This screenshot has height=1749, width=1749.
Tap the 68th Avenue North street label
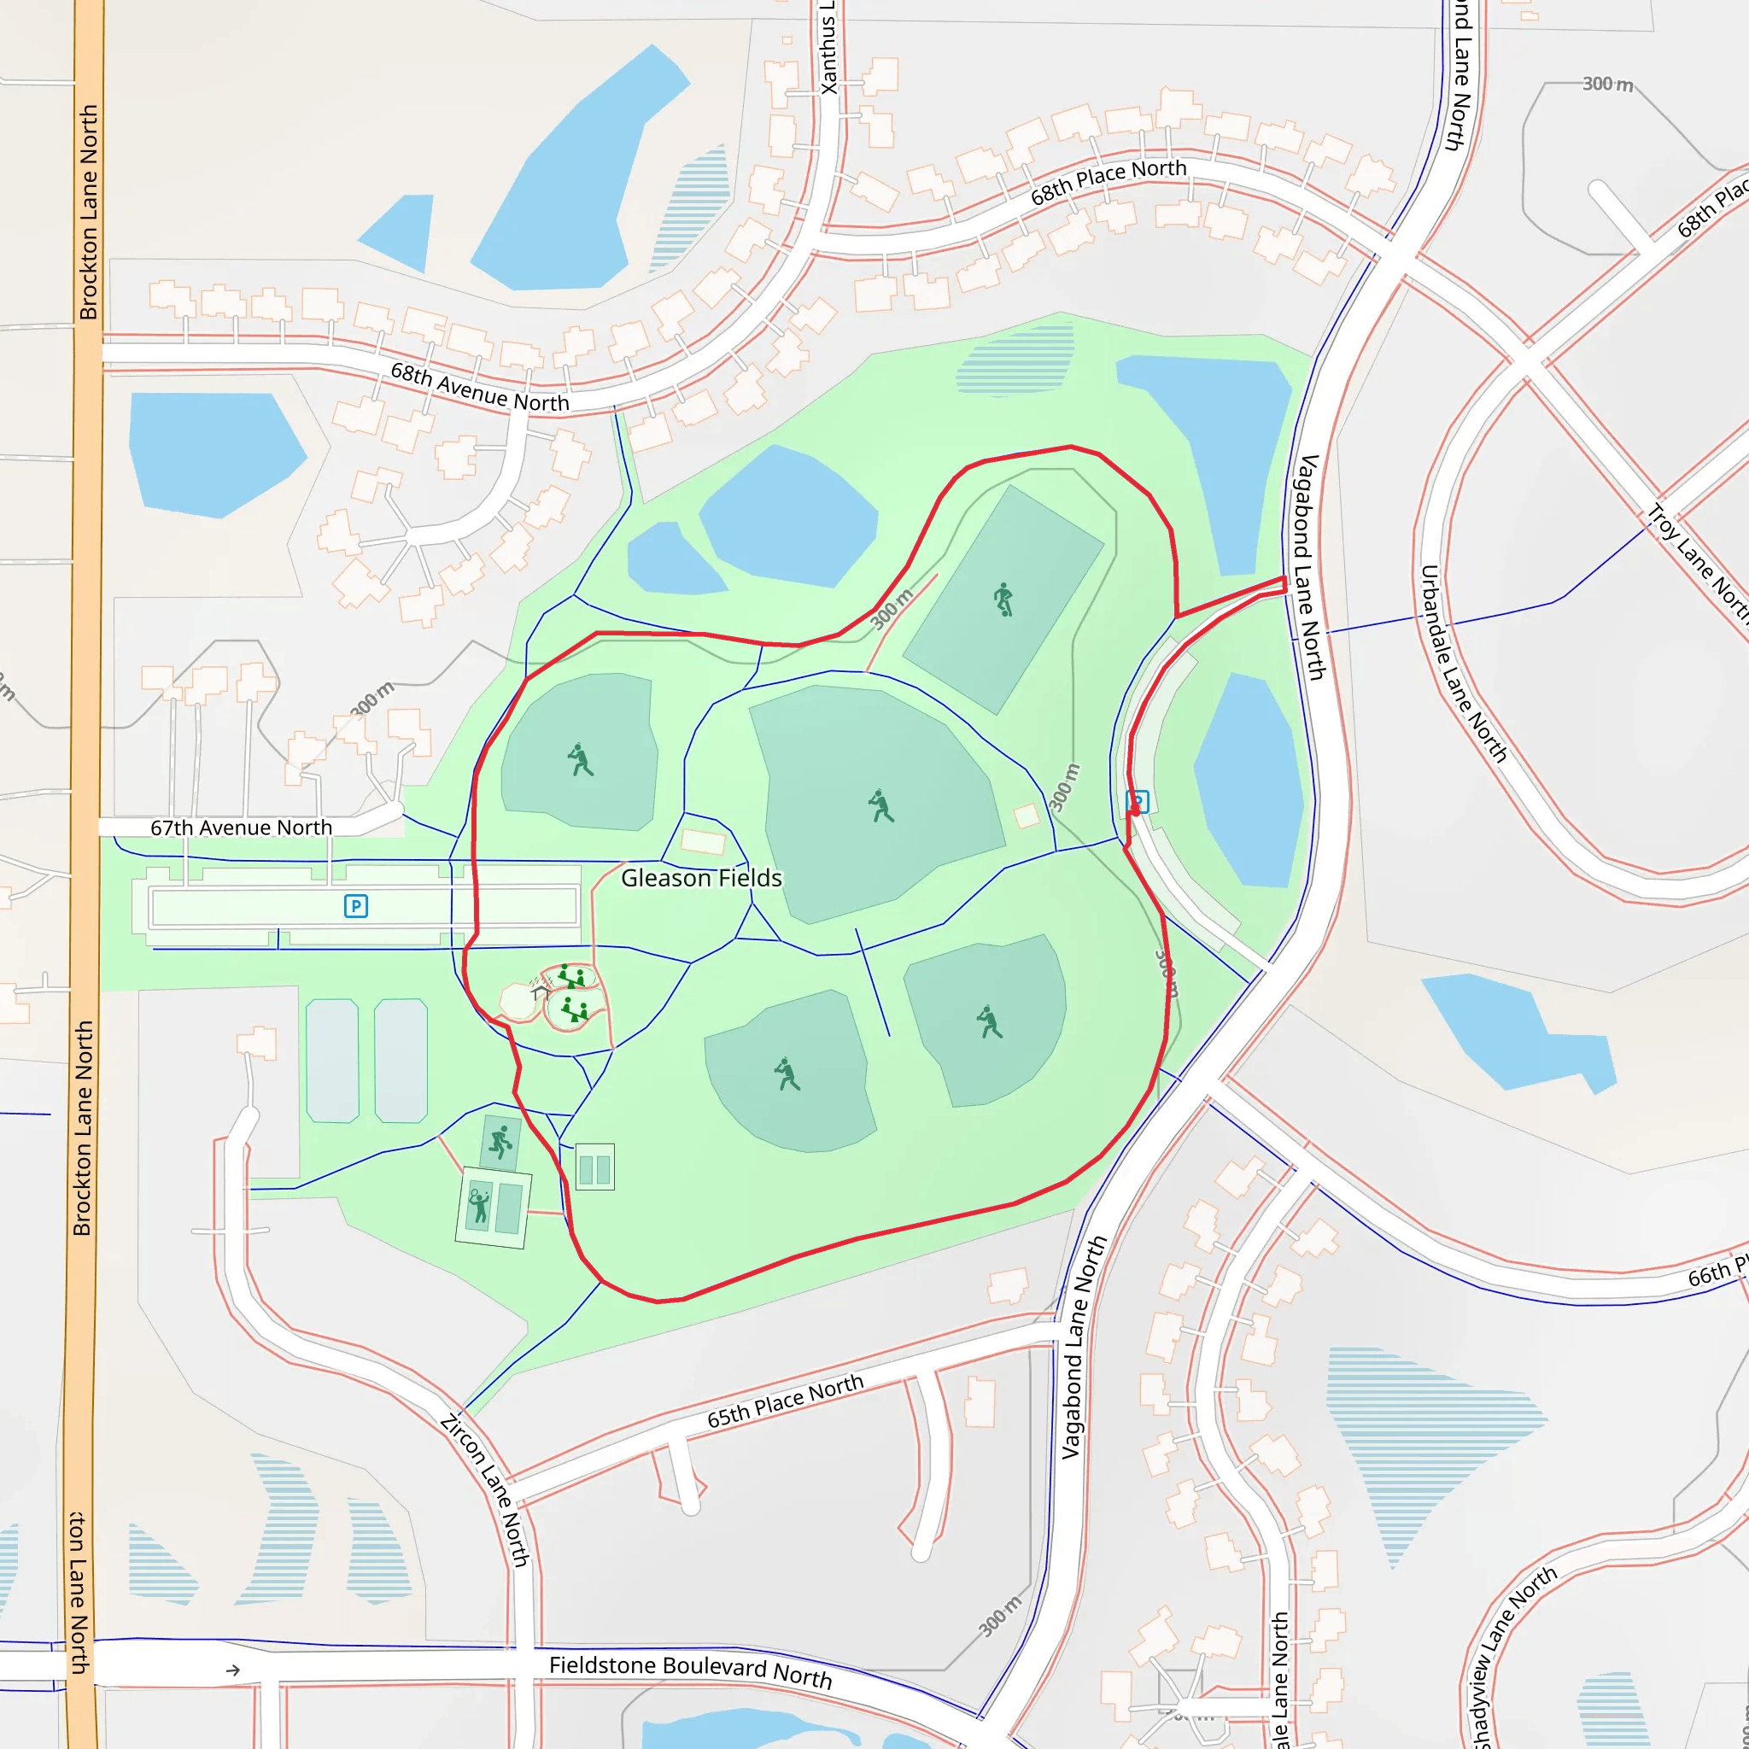coord(480,388)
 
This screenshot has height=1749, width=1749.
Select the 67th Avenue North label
coord(241,828)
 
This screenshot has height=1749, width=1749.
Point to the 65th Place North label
coord(785,1402)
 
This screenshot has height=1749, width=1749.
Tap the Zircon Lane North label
coord(484,1489)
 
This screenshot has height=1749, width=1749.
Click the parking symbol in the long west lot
coord(356,906)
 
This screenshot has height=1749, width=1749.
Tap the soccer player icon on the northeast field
coord(1003,600)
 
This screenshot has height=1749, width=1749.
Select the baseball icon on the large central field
coord(880,805)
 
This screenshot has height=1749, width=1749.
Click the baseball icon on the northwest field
coord(580,759)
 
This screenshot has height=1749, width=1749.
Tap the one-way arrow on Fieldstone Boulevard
coord(232,1670)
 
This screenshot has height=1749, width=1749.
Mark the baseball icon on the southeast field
coord(990,1022)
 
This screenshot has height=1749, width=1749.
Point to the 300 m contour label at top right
coord(1608,85)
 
